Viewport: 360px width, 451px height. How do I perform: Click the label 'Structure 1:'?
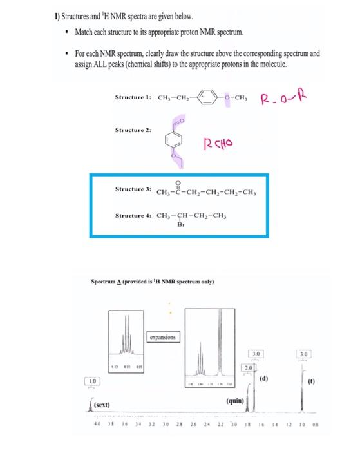(133, 97)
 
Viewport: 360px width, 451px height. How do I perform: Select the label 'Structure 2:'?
(133, 130)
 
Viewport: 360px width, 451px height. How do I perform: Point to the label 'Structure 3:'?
(133, 190)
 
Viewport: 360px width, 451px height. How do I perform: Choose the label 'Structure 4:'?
(133, 215)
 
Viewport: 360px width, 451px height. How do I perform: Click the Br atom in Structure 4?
(180, 225)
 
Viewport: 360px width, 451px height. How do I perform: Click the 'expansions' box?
(165, 337)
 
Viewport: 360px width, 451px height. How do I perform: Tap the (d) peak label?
(272, 370)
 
